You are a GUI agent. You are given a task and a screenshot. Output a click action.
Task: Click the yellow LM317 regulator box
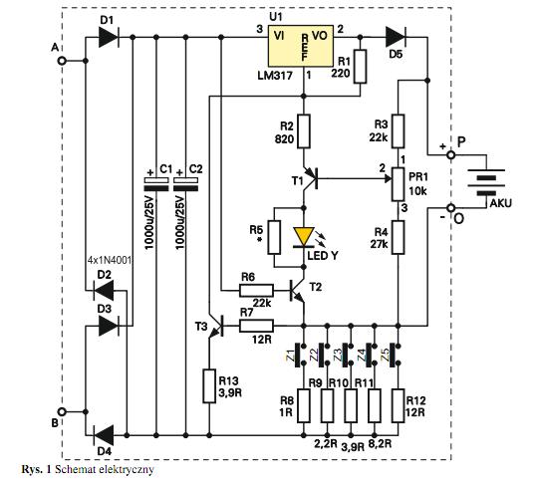[301, 46]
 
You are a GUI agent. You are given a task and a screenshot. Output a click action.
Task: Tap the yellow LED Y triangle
[304, 237]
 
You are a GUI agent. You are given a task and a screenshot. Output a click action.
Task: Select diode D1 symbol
[109, 37]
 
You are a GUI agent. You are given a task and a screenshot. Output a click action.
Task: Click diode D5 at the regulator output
[396, 37]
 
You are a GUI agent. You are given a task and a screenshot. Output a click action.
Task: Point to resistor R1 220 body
[360, 67]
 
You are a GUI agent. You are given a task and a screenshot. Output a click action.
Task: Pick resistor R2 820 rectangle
[304, 131]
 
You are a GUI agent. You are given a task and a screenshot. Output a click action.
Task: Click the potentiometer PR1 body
[399, 184]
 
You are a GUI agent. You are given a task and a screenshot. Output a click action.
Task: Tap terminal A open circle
[62, 61]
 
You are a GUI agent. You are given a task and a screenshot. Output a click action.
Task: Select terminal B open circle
[62, 411]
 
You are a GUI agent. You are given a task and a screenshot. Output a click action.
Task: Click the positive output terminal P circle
[450, 155]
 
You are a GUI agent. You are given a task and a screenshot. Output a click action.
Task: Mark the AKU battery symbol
[486, 182]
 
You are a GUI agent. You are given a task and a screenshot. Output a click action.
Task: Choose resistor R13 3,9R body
[209, 386]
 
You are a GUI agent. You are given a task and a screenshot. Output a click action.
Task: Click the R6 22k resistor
[256, 291]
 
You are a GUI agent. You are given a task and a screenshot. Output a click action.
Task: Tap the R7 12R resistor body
[256, 326]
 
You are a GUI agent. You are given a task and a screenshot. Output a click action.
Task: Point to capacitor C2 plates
[186, 184]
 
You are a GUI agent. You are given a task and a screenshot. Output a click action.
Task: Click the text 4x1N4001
[110, 261]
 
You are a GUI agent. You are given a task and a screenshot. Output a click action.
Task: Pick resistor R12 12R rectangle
[399, 405]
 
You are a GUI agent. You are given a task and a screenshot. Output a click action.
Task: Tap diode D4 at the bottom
[104, 435]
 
